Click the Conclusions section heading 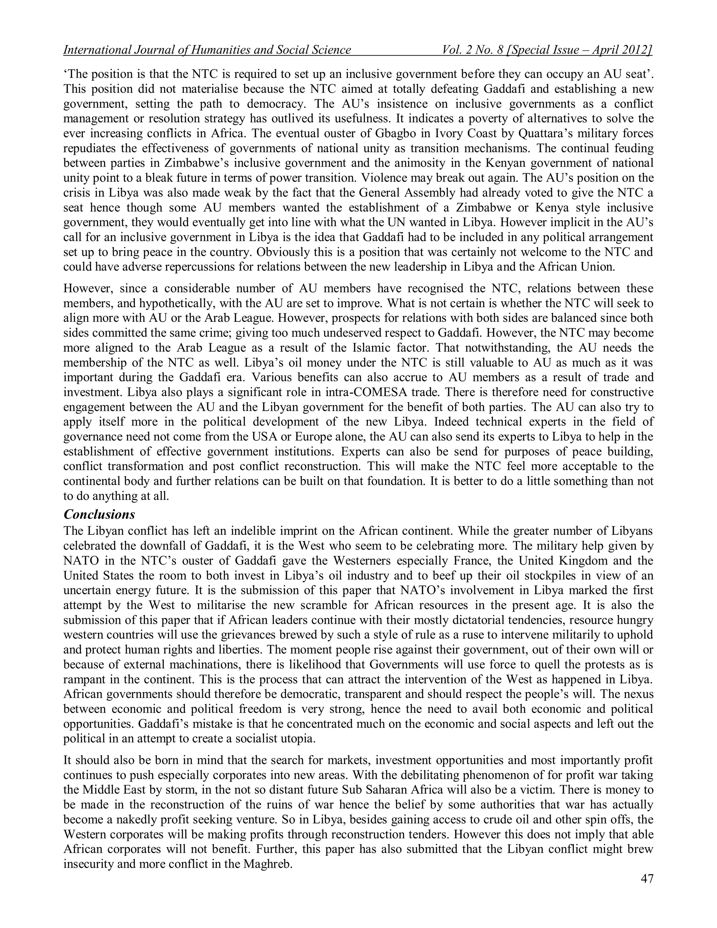[99, 514]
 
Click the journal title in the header [207, 50]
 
